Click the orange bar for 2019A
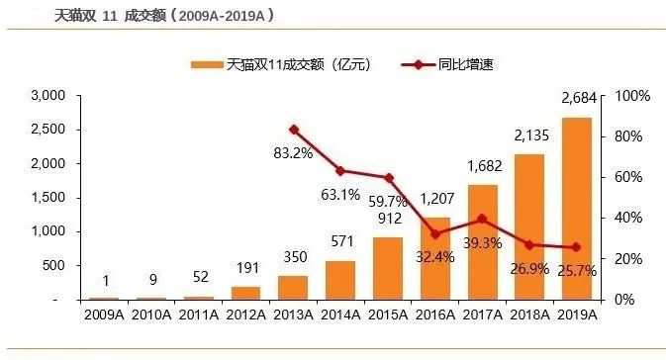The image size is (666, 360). (x=577, y=208)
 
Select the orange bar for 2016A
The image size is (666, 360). (x=435, y=258)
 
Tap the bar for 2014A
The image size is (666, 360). (x=341, y=280)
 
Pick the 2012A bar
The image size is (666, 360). (x=246, y=293)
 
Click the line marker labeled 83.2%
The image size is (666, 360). (x=294, y=130)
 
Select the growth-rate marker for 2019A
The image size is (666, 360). (x=577, y=247)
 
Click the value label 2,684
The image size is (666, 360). (x=577, y=98)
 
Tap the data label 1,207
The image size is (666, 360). (x=435, y=199)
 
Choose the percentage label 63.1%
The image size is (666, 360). (x=340, y=194)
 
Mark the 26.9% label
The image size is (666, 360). (x=529, y=269)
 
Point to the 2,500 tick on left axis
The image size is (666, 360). (x=48, y=130)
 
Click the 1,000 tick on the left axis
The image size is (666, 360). (x=48, y=231)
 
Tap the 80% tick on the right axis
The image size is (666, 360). (x=631, y=136)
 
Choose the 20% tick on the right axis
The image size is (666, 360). (x=631, y=258)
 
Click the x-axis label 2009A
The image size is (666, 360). (x=104, y=315)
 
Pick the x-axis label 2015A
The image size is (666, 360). (x=388, y=315)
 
